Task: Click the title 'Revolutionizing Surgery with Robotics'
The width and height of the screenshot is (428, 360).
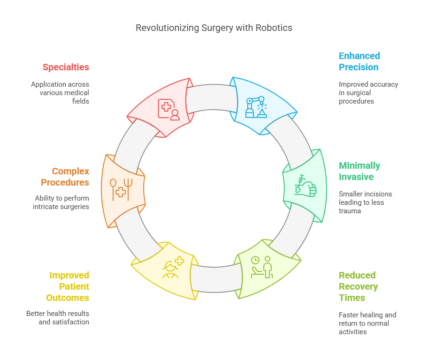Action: [214, 28]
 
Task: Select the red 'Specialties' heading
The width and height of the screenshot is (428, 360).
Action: [66, 67]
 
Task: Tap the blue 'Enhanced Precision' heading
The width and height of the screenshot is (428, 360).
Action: [359, 61]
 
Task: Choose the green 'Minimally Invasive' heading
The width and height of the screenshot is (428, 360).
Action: [359, 171]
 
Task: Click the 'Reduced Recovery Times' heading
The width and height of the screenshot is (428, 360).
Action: [358, 286]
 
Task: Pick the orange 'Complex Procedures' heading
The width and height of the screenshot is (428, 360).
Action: [65, 177]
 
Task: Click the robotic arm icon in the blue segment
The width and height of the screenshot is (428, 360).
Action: [256, 107]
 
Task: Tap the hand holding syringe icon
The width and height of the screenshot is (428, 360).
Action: [306, 185]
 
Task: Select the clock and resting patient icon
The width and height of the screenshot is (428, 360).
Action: [262, 267]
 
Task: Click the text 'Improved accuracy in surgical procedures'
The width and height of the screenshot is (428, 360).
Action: [368, 93]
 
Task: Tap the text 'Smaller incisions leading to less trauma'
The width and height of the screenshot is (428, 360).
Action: [365, 202]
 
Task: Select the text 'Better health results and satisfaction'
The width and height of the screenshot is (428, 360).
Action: [58, 317]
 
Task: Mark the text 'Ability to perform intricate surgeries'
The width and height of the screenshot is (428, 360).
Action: [61, 202]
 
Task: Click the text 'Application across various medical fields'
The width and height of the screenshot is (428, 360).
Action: [60, 93]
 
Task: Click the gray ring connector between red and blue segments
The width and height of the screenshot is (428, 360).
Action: [211, 97]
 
